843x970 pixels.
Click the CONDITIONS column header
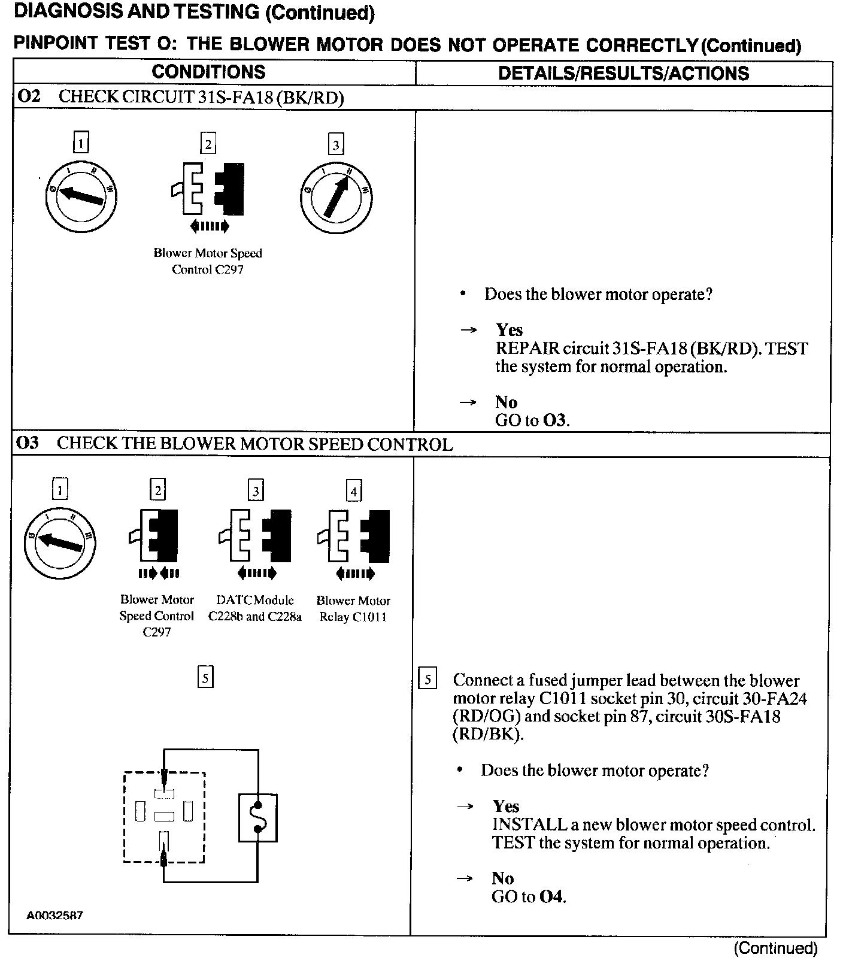tap(208, 72)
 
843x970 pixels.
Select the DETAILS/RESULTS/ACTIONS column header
tap(623, 73)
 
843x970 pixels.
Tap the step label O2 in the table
tap(29, 96)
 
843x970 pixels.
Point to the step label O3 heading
tap(28, 443)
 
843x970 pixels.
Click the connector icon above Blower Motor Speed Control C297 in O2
tap(208, 188)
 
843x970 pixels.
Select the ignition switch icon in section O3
tap(59, 540)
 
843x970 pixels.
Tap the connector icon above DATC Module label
tap(255, 535)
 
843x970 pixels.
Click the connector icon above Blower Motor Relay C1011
tap(354, 535)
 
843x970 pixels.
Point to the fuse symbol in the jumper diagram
tap(257, 818)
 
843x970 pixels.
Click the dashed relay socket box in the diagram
tap(164, 817)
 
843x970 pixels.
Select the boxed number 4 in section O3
tap(354, 492)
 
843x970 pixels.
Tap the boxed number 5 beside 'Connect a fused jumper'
tap(427, 680)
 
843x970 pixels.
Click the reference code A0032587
tap(54, 916)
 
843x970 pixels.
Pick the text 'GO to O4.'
tap(529, 896)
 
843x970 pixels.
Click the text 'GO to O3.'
tap(532, 420)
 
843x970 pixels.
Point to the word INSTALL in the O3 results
tap(529, 824)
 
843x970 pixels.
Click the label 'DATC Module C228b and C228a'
tap(255, 608)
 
